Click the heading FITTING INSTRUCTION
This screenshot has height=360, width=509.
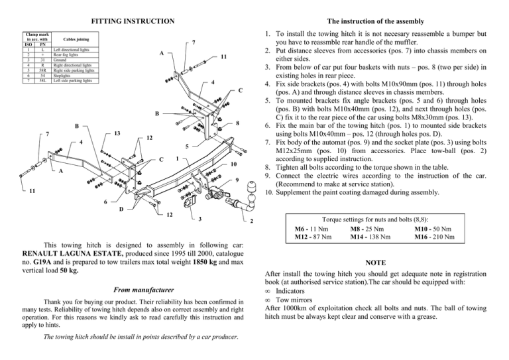(x=133, y=21)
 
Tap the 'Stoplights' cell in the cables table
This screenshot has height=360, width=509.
(x=62, y=76)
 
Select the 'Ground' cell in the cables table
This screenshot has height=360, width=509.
(x=60, y=60)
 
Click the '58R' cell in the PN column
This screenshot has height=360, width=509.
(x=42, y=70)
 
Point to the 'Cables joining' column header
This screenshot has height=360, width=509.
(x=76, y=39)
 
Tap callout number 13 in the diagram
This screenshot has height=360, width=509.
(x=117, y=133)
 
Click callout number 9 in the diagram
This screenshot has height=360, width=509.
(x=237, y=180)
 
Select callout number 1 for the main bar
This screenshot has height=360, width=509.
(x=177, y=158)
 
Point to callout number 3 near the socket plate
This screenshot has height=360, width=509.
(x=200, y=219)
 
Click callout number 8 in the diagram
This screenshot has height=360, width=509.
(x=238, y=123)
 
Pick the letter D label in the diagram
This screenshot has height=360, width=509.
(x=121, y=210)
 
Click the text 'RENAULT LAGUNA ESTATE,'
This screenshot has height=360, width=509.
(x=73, y=254)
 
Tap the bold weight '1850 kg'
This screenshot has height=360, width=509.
(x=205, y=263)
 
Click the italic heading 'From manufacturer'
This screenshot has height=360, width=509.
(x=143, y=290)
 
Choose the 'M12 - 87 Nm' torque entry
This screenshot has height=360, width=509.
(x=313, y=237)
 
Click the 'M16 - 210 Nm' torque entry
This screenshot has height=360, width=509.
(x=434, y=237)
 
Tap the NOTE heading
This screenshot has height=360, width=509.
(x=376, y=263)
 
